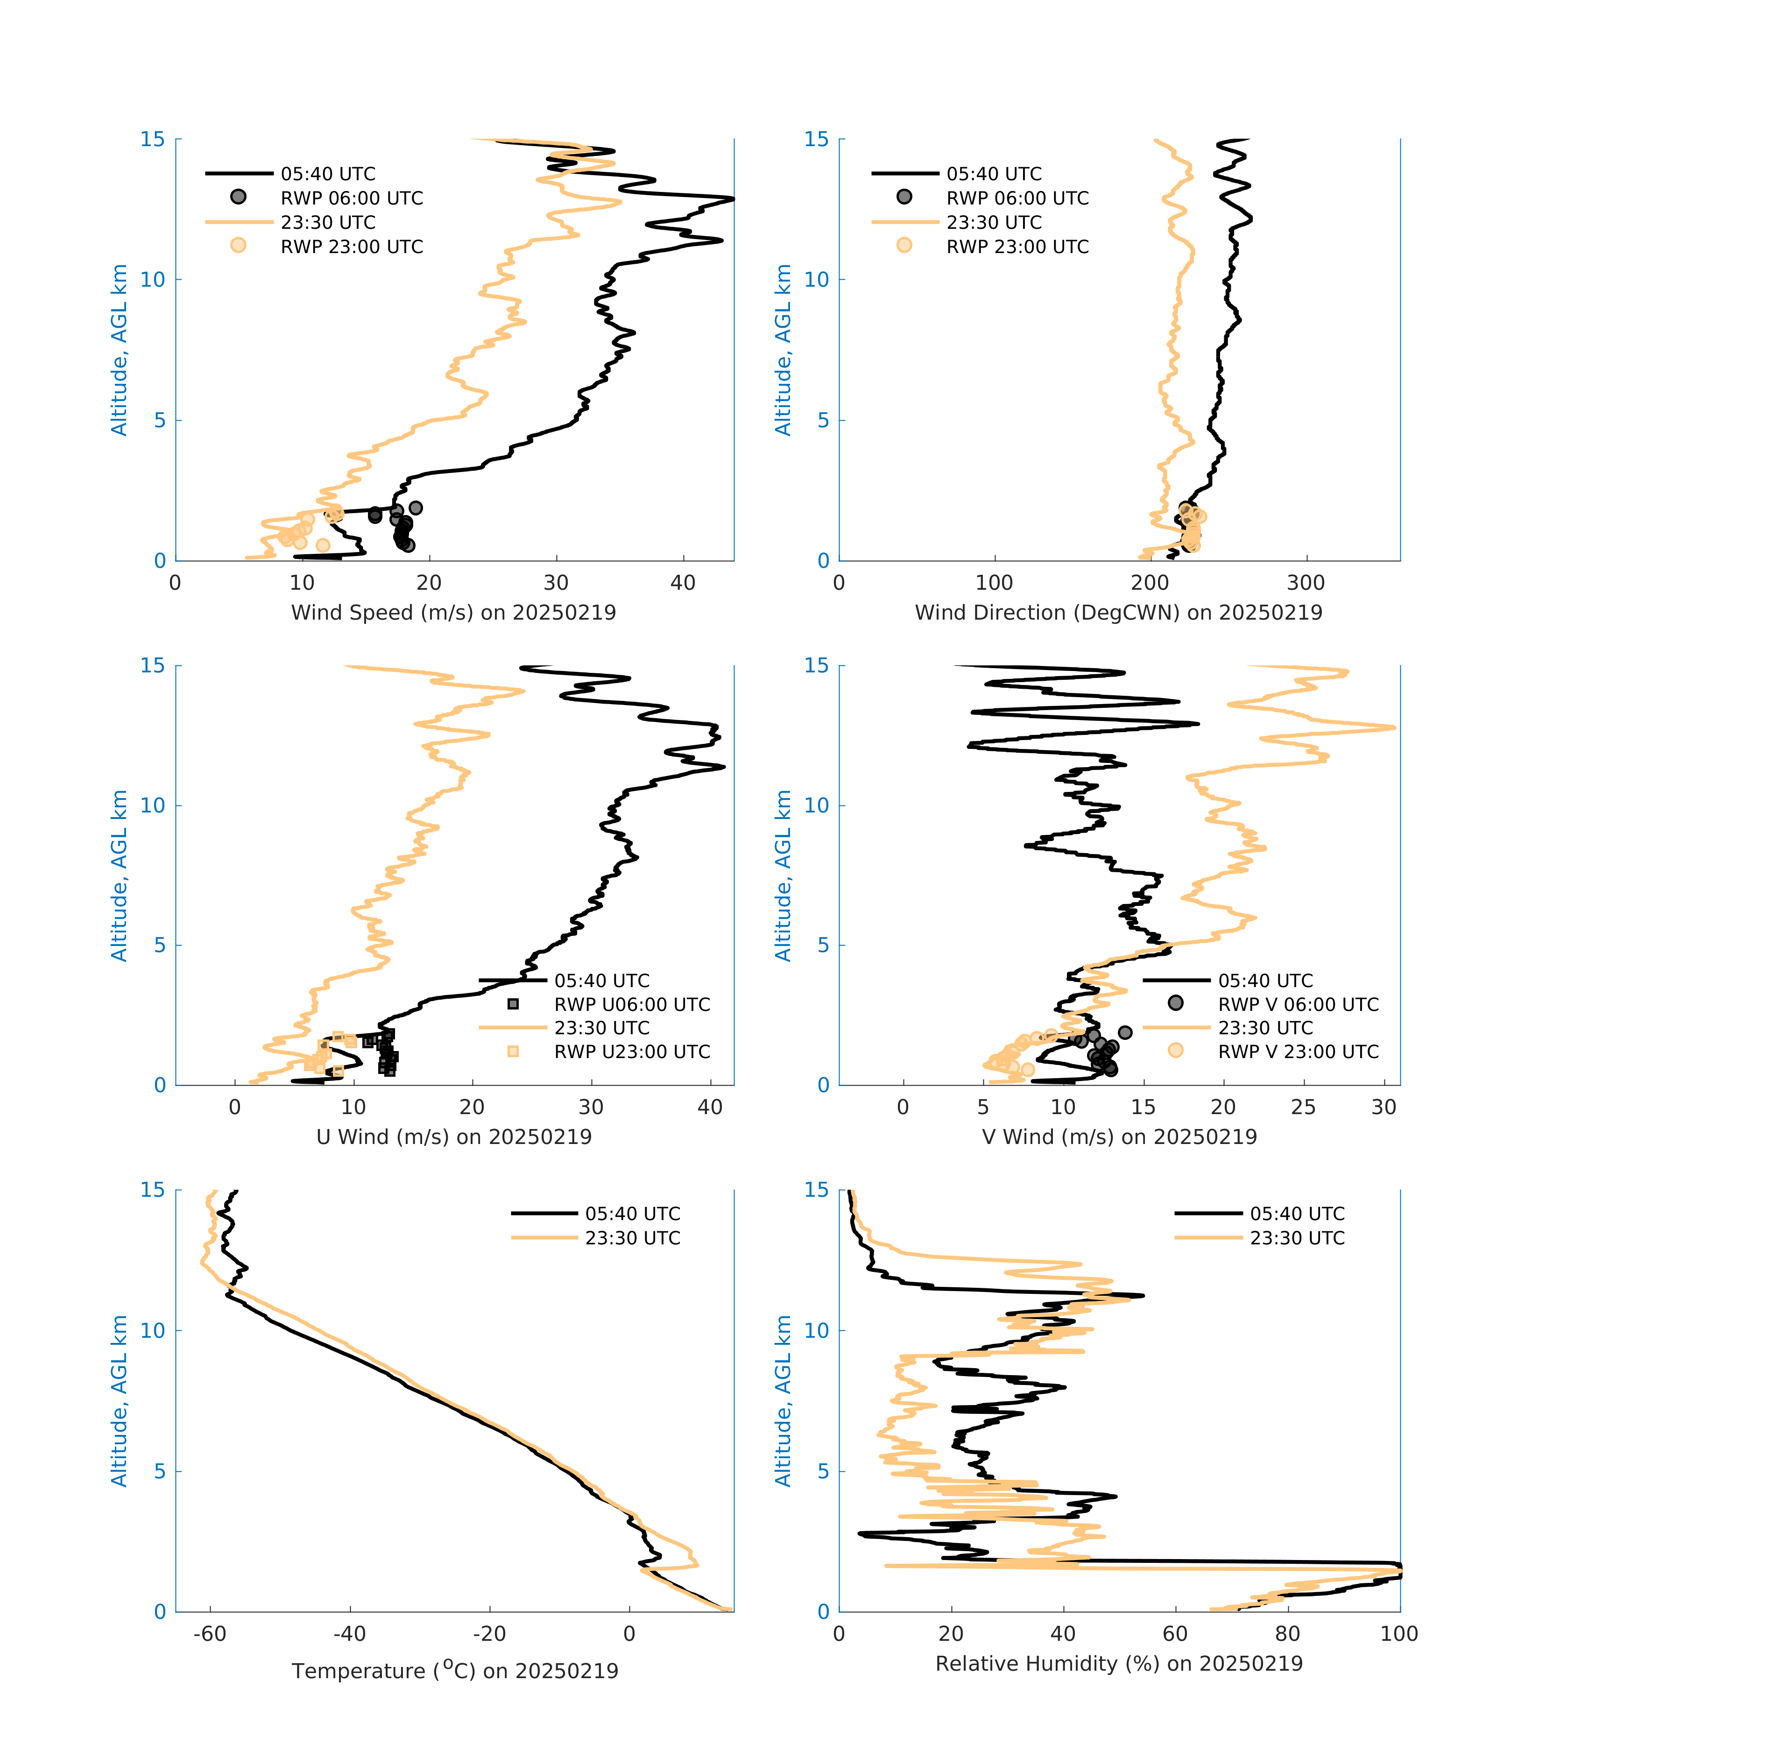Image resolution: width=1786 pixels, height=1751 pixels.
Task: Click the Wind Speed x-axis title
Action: tap(453, 613)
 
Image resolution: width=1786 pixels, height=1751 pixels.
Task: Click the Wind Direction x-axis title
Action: tap(1118, 613)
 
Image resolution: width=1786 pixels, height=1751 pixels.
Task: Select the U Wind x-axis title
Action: tap(453, 1137)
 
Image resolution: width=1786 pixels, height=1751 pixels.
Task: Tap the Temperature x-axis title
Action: tap(454, 1670)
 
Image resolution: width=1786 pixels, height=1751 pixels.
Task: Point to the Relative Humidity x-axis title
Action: tap(1118, 1663)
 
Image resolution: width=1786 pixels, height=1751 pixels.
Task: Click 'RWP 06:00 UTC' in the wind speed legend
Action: tap(351, 198)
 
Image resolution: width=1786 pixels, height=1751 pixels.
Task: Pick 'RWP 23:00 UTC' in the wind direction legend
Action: tap(1017, 247)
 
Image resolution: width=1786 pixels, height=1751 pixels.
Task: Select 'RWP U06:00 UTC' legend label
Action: tap(632, 1004)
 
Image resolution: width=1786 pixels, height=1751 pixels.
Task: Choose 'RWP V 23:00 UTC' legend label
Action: tap(1298, 1051)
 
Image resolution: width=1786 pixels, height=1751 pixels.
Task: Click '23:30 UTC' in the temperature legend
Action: tap(633, 1238)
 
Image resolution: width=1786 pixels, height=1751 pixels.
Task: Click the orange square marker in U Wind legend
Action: tap(513, 1051)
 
